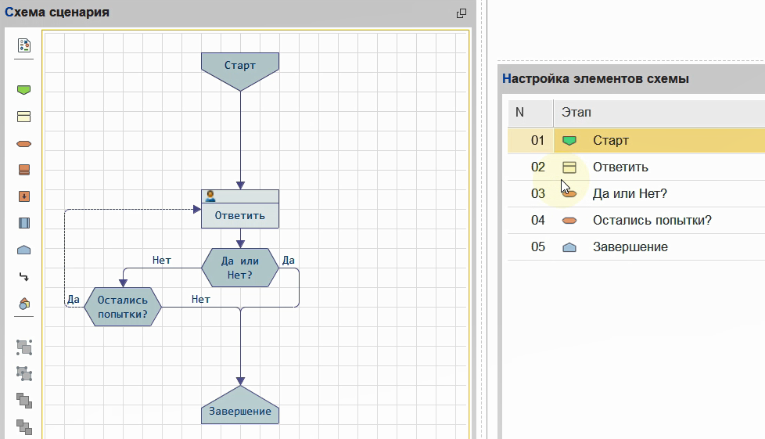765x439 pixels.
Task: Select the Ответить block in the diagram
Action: (239, 215)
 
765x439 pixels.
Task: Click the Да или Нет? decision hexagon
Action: (239, 268)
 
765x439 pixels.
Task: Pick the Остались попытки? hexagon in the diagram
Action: (122, 305)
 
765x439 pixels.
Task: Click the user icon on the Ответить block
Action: (210, 196)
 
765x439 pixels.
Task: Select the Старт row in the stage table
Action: (611, 141)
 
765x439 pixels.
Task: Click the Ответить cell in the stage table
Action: (620, 167)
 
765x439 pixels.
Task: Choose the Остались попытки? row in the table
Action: (652, 220)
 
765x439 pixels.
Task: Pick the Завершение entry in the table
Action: (630, 246)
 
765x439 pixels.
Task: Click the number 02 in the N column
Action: (537, 167)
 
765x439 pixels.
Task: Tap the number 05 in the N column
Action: (537, 246)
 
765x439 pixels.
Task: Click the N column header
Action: (519, 113)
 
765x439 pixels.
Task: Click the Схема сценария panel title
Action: (57, 13)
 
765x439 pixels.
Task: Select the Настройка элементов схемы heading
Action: (595, 78)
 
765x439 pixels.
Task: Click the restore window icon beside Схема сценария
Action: (462, 13)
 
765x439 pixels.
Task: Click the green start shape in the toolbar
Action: (24, 90)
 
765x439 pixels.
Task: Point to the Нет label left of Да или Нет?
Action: (161, 261)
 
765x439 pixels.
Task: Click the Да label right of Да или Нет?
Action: (288, 261)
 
